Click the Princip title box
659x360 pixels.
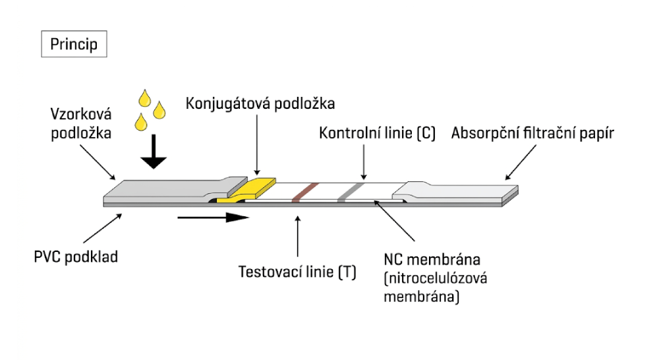click(x=74, y=44)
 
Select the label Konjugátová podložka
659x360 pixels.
click(x=260, y=104)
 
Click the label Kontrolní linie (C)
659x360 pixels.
click(x=378, y=133)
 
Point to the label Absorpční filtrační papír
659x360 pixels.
click(x=532, y=133)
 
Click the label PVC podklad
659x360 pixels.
click(x=76, y=256)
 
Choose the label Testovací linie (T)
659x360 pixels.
click(x=297, y=272)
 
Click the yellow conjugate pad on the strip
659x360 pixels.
click(x=254, y=187)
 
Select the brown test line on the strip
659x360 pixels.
click(x=304, y=191)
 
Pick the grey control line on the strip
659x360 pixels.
click(x=349, y=191)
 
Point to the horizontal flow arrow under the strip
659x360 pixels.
click(x=212, y=217)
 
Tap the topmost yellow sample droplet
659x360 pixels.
click(x=145, y=100)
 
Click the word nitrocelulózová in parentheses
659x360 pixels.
click(x=435, y=278)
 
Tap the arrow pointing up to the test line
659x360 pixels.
click(x=299, y=237)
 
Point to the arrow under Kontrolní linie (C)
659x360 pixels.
click(x=363, y=162)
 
